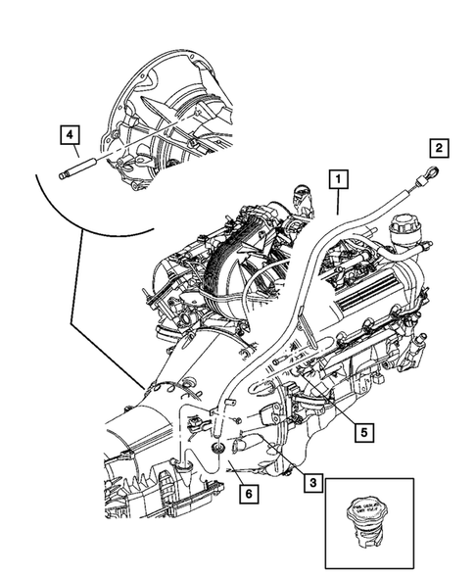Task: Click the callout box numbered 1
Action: click(336, 178)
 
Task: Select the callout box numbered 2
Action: click(439, 149)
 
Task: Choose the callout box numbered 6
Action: click(250, 495)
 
